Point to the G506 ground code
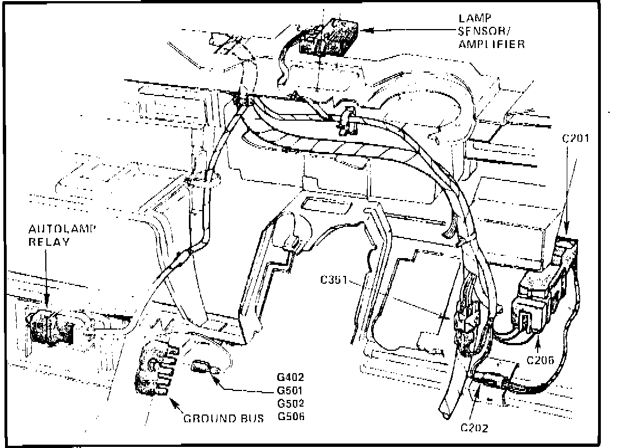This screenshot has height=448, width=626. coord(290,416)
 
